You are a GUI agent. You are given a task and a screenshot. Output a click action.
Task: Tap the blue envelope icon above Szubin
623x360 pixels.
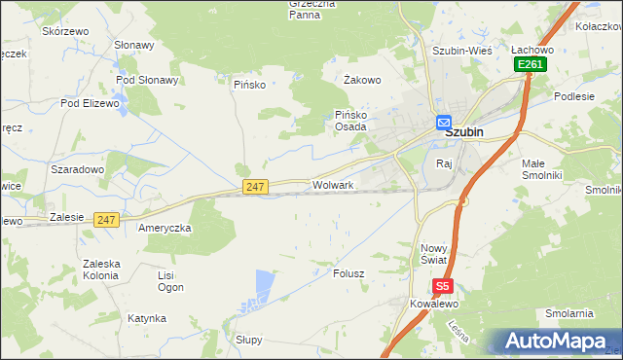[x=443, y=123]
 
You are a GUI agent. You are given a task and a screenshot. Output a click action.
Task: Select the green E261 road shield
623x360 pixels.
[x=531, y=64]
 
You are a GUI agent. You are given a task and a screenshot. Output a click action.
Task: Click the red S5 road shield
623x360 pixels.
[x=443, y=286]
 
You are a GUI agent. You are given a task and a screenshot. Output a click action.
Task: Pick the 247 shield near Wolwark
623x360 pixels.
[x=255, y=186]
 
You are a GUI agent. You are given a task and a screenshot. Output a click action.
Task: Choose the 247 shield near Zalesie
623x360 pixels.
[x=107, y=220]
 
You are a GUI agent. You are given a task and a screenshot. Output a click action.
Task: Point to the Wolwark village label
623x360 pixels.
[x=332, y=184]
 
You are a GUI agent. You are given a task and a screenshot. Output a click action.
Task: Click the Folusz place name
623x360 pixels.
[x=348, y=273]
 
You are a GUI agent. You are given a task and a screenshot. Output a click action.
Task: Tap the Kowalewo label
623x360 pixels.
[x=433, y=304]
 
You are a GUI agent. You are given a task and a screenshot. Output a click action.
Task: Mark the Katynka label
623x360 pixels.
[x=146, y=318]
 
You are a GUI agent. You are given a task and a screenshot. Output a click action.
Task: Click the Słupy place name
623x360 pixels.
[x=249, y=340]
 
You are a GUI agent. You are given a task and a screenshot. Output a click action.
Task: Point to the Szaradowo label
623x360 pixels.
[x=77, y=169]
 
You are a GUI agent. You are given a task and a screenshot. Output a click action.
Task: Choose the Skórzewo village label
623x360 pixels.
[x=65, y=31]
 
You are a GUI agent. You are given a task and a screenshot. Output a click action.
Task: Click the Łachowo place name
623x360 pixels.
[x=532, y=49]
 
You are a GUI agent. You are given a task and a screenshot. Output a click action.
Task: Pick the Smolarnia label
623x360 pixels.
[x=569, y=313]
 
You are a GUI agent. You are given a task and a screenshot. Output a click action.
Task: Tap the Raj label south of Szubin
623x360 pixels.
[x=446, y=162]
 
